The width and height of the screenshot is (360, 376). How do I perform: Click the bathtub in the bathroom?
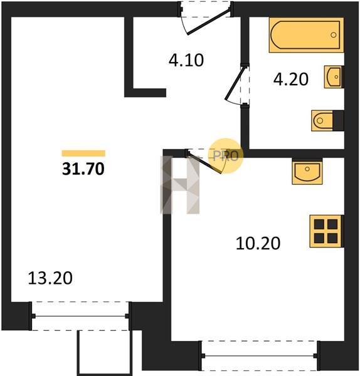click(306, 35)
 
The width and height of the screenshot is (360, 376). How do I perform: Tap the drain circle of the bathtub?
click(334, 35)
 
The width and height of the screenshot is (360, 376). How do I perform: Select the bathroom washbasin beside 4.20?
click(334, 76)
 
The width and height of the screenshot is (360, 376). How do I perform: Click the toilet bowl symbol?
click(322, 120)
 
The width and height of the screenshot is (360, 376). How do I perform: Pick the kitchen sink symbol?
click(307, 172)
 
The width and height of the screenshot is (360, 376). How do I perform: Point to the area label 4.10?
click(186, 60)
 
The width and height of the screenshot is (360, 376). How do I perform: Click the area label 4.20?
click(291, 80)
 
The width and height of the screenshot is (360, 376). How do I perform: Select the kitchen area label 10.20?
click(258, 243)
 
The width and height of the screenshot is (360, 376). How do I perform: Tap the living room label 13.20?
click(50, 278)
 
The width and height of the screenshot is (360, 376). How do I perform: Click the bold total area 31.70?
click(83, 169)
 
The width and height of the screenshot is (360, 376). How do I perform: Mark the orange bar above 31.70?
click(83, 154)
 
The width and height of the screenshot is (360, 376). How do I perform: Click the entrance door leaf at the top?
click(208, 21)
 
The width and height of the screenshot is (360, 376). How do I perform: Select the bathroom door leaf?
click(235, 83)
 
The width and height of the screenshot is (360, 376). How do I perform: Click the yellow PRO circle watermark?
click(226, 156)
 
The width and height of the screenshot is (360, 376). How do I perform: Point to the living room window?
click(80, 316)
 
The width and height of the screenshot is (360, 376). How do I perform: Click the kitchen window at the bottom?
click(260, 356)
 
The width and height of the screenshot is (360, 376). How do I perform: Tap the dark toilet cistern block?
click(339, 120)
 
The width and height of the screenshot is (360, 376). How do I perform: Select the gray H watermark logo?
click(180, 185)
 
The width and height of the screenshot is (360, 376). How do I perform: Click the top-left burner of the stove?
click(319, 224)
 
